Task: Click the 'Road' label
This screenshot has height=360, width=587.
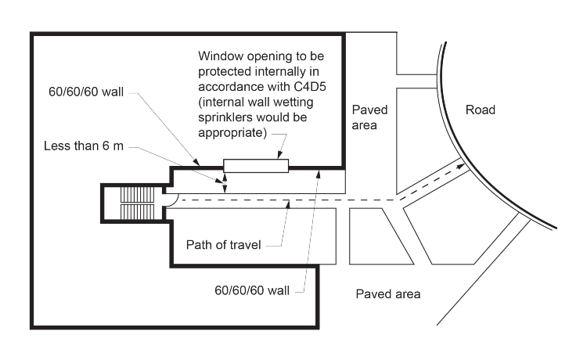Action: (480, 110)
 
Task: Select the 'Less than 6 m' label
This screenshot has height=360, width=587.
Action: (84, 147)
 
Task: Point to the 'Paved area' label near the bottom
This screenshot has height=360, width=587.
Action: (388, 294)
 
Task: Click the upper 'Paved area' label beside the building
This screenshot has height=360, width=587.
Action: (369, 117)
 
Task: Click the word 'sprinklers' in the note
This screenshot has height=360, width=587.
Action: (228, 117)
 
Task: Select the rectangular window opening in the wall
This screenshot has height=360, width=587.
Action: (256, 165)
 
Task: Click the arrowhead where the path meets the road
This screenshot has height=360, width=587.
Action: (461, 165)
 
